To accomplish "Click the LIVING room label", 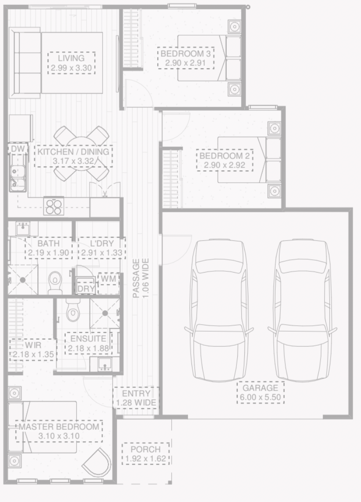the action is pos(71,58).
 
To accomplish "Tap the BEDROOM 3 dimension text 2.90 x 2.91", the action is pos(185,63).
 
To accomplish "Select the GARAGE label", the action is pos(261,388).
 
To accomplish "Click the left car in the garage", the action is pos(219,309).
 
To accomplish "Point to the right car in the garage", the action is pos(302,309).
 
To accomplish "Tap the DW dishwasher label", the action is pos(18,149).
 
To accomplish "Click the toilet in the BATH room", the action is pos(55,283).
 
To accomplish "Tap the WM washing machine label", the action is pos(108,279).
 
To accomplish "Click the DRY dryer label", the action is pos(86,289).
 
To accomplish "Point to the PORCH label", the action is pos(146,449).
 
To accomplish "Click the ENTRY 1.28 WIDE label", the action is pos(136,398).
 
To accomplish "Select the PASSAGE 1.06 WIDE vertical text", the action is pos(141,279).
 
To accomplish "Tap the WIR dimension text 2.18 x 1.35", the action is pos(33,354).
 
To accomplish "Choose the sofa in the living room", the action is pos(25,63).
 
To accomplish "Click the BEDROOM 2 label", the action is pos(225,156).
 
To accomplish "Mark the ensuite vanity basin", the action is pos(105,364).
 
